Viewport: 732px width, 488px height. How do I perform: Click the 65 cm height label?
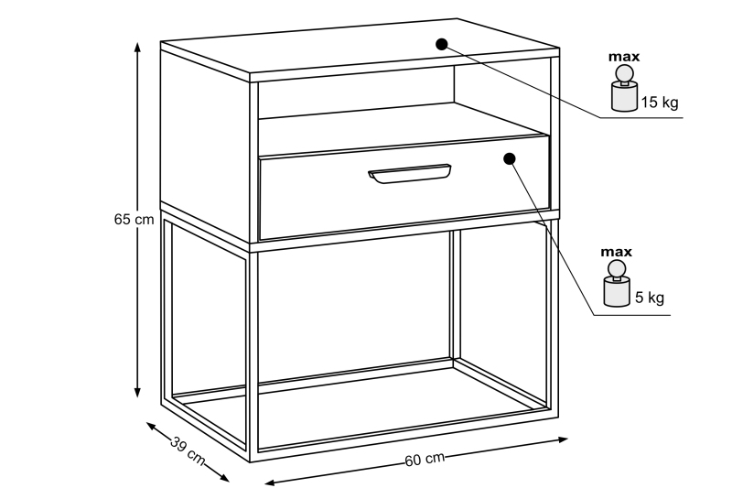[x=134, y=219]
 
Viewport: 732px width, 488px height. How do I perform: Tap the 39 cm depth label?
[x=188, y=450]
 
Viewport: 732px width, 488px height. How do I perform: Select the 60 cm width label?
[x=425, y=460]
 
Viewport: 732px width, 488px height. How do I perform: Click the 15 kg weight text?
[x=659, y=103]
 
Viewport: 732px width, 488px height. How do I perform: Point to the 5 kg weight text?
[x=650, y=298]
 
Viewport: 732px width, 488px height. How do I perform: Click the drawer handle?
[x=409, y=173]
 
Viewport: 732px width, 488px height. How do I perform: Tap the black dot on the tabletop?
[x=442, y=44]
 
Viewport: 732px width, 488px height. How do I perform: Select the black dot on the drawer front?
[x=510, y=158]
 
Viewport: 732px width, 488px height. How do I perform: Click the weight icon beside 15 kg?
[x=624, y=89]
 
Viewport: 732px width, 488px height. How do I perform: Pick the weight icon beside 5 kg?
[x=616, y=284]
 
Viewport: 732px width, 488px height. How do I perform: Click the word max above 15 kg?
[x=624, y=57]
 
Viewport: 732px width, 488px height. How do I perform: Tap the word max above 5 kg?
[x=616, y=252]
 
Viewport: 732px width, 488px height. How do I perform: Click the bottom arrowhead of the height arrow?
[x=137, y=391]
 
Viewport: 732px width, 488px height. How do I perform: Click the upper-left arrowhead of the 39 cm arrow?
[x=152, y=427]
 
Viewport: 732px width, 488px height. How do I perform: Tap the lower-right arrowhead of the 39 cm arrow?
[x=223, y=477]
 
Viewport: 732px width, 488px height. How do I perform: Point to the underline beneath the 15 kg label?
[x=641, y=118]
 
